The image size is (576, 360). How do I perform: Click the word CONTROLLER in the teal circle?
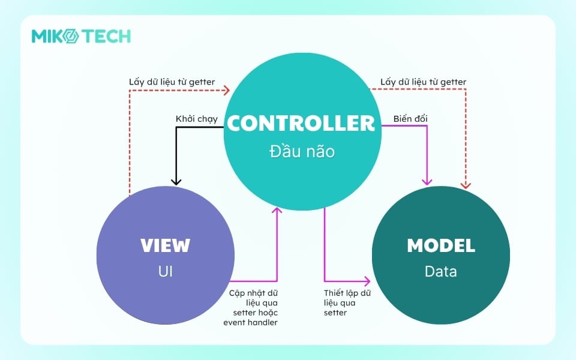pyautogui.click(x=300, y=123)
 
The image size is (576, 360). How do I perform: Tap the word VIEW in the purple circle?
pyautogui.click(x=165, y=245)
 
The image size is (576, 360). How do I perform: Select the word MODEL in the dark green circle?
pyautogui.click(x=441, y=245)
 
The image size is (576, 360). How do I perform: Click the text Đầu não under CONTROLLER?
pyautogui.click(x=301, y=151)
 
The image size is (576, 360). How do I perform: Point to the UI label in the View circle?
pyautogui.click(x=165, y=271)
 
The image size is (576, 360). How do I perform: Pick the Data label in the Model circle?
pyautogui.click(x=441, y=271)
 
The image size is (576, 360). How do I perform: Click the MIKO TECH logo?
pyautogui.click(x=81, y=36)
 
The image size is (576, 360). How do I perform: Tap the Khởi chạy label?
pyautogui.click(x=196, y=119)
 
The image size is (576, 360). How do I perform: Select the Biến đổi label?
pyautogui.click(x=410, y=119)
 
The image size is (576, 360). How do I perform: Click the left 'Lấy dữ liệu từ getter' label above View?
pyautogui.click(x=172, y=82)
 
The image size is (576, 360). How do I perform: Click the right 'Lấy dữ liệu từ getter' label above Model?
pyautogui.click(x=424, y=82)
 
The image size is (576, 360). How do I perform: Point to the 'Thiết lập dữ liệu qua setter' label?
pyautogui.click(x=347, y=302)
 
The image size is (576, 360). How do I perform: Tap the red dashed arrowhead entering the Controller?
pyautogui.click(x=226, y=91)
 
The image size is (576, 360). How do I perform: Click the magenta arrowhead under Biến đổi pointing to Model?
pyautogui.click(x=427, y=181)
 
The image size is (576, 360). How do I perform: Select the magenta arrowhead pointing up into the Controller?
pyautogui.click(x=277, y=211)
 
